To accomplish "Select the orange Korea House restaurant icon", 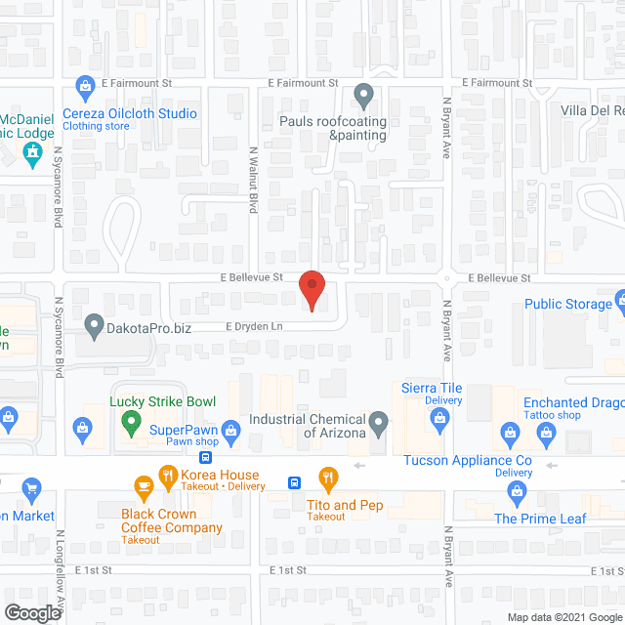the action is tap(167, 479).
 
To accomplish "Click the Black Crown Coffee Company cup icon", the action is tap(143, 485).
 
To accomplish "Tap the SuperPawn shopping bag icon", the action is tap(230, 428).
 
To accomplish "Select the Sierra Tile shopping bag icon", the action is tap(438, 419).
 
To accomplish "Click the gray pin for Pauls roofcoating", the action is tap(363, 96).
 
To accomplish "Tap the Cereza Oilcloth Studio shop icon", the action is tap(86, 86).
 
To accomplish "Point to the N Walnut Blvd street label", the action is tap(254, 181).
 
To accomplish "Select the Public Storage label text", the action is tap(567, 304).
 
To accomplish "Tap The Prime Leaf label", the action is tap(540, 519).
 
